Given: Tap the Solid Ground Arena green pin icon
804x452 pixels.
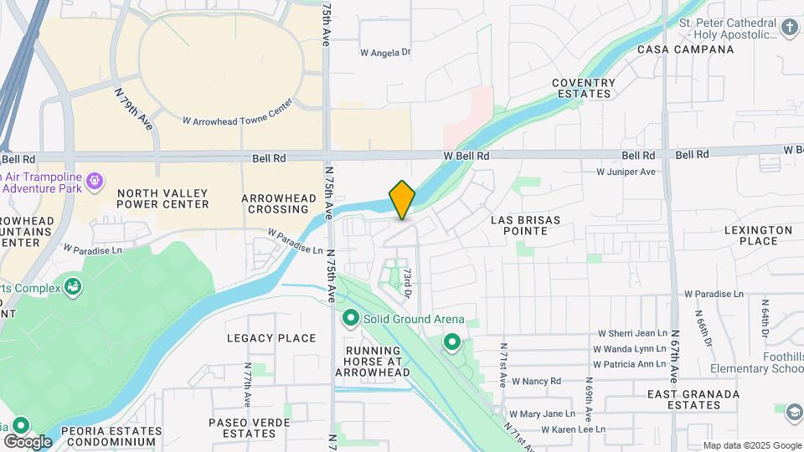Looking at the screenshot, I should [x=350, y=319].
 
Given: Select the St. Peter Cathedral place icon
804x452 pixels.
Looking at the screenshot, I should [x=789, y=28].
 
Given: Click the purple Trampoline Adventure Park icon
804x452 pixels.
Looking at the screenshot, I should [x=95, y=179].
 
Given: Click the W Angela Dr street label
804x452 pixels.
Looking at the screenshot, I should [x=386, y=52].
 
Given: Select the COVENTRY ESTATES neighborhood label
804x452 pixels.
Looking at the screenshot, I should [x=584, y=89].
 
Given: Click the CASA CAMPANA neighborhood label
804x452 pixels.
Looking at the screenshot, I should [x=686, y=49].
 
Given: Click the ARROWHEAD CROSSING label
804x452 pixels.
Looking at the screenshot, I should [x=276, y=203].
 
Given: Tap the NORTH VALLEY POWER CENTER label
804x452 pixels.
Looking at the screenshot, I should [x=162, y=198].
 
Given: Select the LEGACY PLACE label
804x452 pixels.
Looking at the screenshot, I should [x=271, y=338].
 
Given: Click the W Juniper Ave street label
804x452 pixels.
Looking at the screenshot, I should [x=626, y=172].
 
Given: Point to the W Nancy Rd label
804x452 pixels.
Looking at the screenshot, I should [x=536, y=381].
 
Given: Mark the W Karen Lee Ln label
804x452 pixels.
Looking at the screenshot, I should [x=573, y=429].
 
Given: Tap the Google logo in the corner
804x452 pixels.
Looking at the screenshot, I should [x=28, y=441].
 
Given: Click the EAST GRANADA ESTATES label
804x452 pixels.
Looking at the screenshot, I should [x=694, y=399].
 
